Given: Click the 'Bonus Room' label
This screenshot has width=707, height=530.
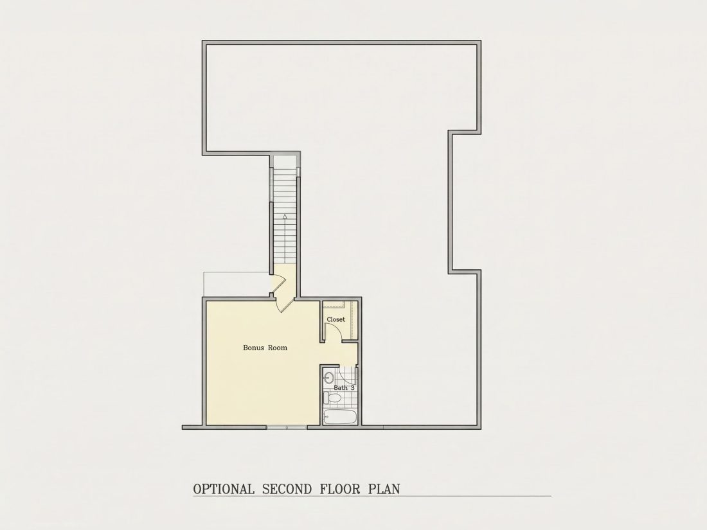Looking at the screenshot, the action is (265, 348).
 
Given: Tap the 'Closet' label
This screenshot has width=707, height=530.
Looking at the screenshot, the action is (336, 319).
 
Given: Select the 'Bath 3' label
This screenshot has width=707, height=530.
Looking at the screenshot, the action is (344, 387).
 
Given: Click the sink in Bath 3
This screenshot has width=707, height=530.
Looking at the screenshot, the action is (329, 376).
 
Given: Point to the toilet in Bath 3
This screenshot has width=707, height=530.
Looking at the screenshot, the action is (332, 398).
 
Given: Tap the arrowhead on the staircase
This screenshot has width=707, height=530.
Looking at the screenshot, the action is (285, 216).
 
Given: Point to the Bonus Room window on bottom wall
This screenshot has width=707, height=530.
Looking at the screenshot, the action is (287, 427).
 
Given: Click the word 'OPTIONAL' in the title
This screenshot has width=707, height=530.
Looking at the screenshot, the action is (224, 489).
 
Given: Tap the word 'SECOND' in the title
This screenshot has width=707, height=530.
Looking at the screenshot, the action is (287, 489).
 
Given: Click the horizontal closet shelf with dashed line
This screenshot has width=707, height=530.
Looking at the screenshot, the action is (334, 305).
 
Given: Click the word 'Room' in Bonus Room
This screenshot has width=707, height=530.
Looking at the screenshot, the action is (278, 348).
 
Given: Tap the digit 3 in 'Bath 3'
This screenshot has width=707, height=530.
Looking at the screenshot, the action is (353, 387).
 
